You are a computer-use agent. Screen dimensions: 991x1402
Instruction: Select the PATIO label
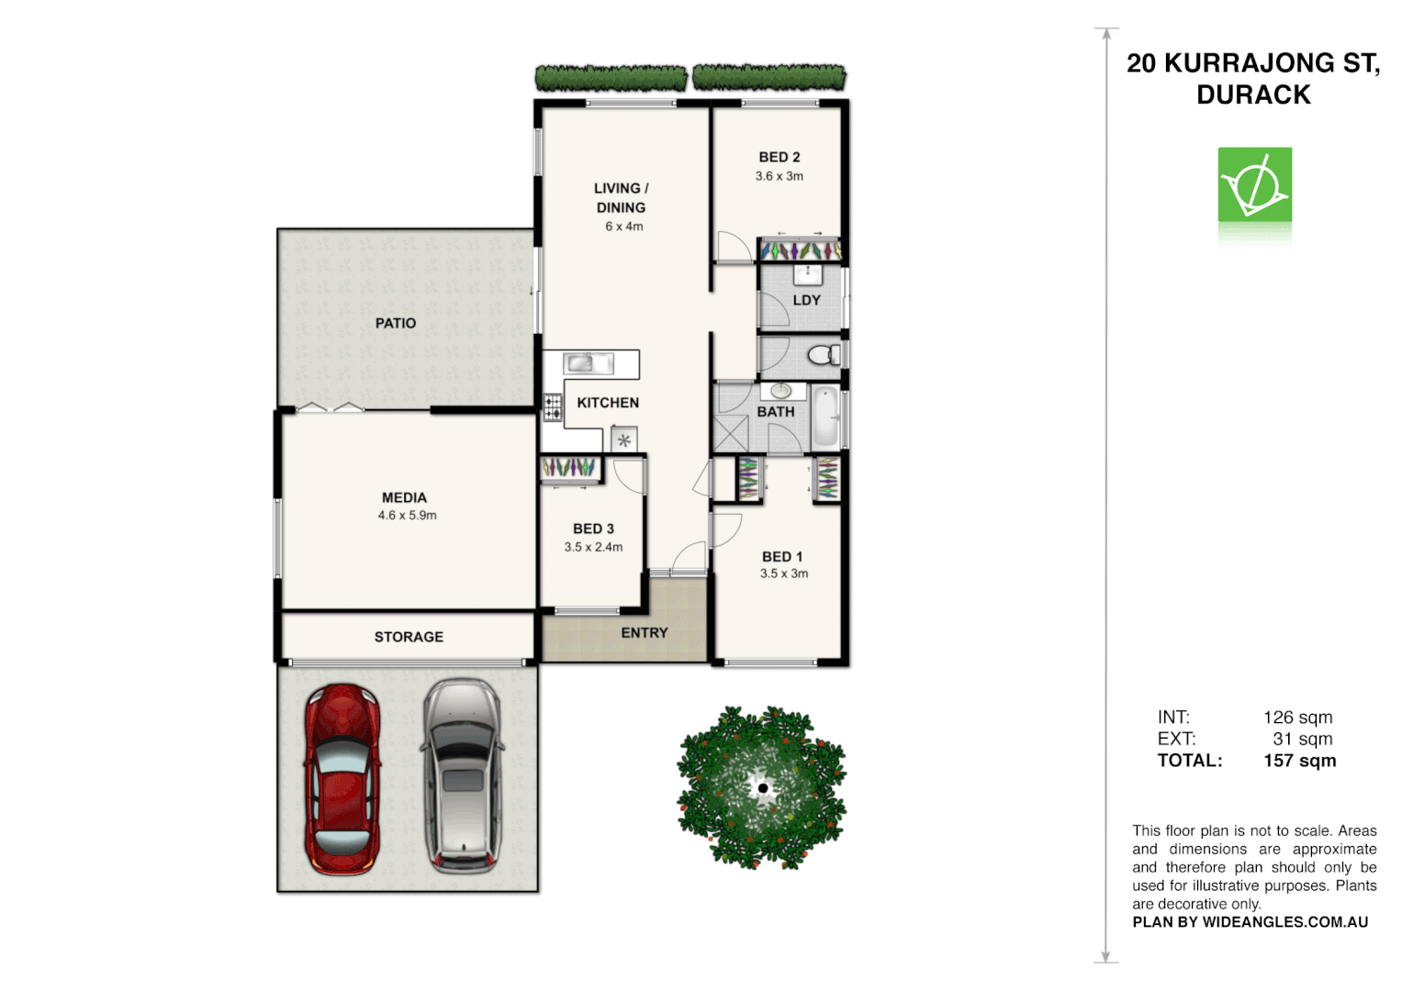point(396,323)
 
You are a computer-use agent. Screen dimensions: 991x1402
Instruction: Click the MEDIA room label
point(404,497)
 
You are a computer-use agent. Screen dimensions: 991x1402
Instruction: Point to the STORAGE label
point(409,637)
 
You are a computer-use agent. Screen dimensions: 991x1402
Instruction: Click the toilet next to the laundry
point(824,355)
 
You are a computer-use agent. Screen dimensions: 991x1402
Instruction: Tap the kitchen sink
point(589,363)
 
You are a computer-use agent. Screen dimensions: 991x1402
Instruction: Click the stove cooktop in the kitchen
point(553,407)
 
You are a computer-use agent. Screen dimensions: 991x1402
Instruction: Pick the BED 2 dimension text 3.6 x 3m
point(780,176)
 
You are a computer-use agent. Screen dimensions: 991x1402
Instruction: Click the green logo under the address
point(1254,184)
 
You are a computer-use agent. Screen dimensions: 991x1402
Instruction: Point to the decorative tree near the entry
point(762,787)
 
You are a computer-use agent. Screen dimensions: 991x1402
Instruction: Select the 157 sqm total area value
point(1299,761)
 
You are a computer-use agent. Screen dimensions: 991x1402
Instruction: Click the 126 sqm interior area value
point(1297,718)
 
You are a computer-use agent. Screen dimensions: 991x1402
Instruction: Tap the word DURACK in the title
point(1253,95)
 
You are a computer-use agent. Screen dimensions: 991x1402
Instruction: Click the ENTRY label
point(645,633)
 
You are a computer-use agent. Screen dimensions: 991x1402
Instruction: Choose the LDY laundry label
point(807,300)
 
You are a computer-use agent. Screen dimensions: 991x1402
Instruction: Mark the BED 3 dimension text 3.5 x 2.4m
point(593,547)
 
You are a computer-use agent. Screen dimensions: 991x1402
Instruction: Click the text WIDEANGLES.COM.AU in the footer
point(1285,922)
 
